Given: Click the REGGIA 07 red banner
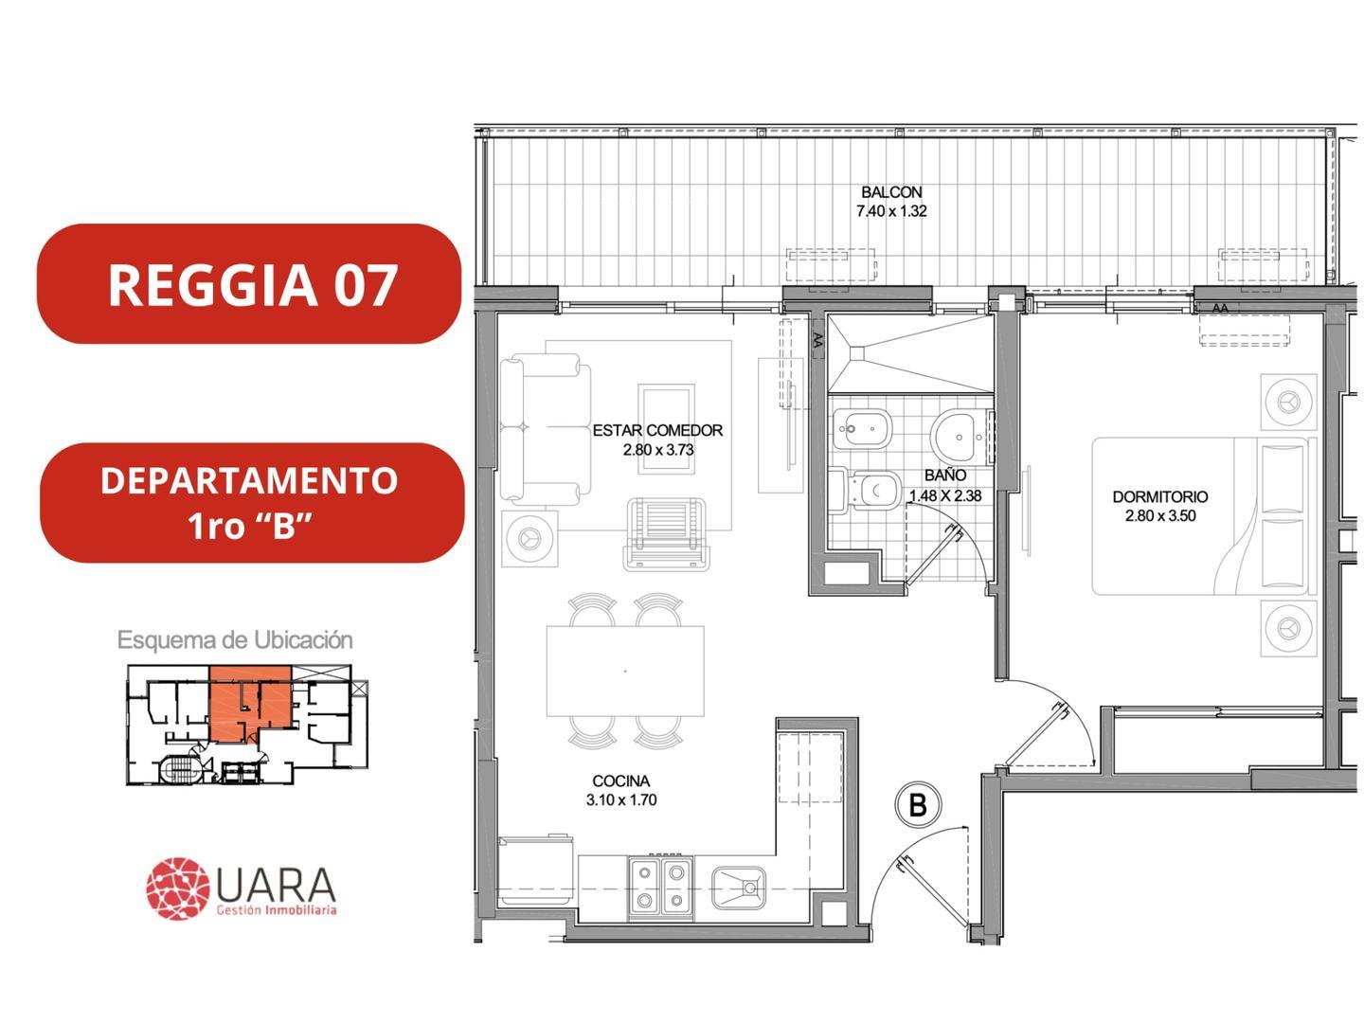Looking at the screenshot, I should pos(250,284).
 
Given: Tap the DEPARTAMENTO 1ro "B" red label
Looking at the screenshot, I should pos(250,502).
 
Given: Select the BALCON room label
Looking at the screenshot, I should pos(891,192).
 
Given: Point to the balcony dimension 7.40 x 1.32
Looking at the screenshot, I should pos(891,211).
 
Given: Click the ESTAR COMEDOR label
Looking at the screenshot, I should pos(657,430).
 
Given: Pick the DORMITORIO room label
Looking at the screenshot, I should pos(1160,496).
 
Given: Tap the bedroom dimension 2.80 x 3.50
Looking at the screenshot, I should pos(1160,516).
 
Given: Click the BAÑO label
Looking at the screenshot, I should pos(945,476).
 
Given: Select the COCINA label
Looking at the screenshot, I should pos(620,781).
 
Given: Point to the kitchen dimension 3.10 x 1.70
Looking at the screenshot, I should pos(620,800).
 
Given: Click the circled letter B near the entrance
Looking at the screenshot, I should pos(917,805).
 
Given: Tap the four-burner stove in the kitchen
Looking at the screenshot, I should pos(660,886).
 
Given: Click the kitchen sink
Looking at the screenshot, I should pos(739,888).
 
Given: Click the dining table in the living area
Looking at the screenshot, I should pos(625,671).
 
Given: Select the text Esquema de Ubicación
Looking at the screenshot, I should pos(235,640).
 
